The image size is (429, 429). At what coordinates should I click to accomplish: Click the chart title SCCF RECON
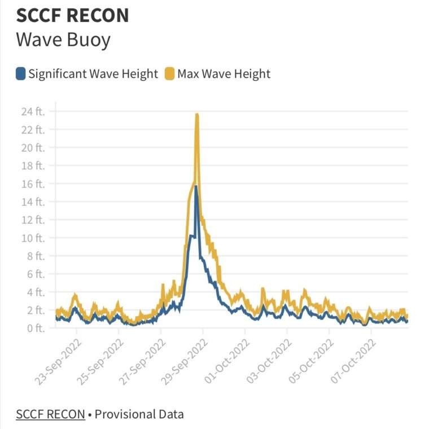[x=72, y=16]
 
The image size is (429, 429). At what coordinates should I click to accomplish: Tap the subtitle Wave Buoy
[x=63, y=41]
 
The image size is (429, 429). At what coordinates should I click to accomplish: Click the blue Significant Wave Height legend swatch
[x=21, y=73]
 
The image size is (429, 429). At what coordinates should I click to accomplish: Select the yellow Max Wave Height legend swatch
[x=169, y=73]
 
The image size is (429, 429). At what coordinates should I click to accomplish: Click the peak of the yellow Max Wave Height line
[x=197, y=115]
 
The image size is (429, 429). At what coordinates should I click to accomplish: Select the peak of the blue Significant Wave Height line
[x=196, y=186]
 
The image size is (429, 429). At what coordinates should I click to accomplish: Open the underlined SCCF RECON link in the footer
[x=50, y=414]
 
